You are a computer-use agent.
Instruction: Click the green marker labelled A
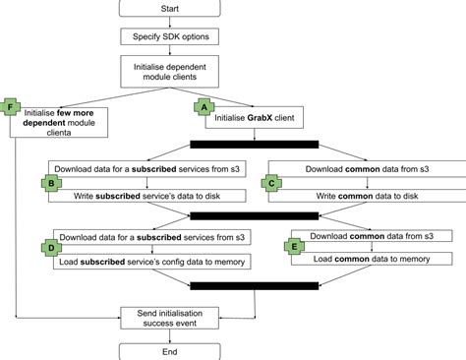(x=204, y=106)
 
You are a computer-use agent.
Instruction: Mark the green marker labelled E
(x=296, y=246)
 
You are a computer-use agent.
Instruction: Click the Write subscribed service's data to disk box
(x=147, y=197)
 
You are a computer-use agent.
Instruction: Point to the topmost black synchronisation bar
(x=254, y=145)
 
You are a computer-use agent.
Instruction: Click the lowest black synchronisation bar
(x=254, y=285)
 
